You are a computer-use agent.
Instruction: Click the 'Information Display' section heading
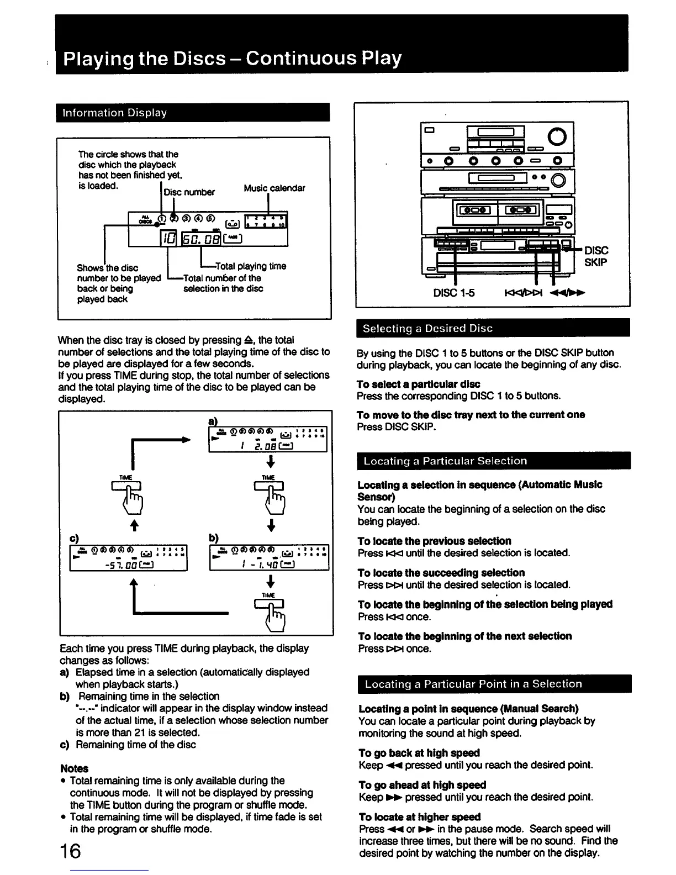tap(115, 113)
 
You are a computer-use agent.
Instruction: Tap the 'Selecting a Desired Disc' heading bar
tap(427, 328)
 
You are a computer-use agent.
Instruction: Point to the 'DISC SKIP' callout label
tap(596, 256)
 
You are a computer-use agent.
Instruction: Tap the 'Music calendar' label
tap(274, 188)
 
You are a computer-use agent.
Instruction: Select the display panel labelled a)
tap(268, 439)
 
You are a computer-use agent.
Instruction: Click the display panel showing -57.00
tap(129, 558)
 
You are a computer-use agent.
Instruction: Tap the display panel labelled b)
tap(269, 558)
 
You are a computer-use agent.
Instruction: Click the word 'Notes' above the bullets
tap(74, 768)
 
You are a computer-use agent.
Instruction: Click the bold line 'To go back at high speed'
tap(419, 753)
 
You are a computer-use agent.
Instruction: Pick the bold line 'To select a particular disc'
tap(418, 384)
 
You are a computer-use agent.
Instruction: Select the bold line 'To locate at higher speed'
tap(420, 816)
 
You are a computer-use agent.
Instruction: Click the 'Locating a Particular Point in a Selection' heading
tap(473, 684)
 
